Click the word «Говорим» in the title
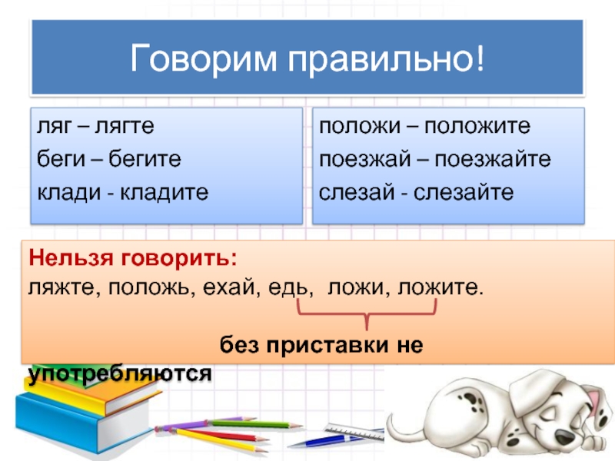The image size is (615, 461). (x=203, y=59)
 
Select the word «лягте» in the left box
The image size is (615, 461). (x=125, y=126)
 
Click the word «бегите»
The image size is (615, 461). (x=145, y=159)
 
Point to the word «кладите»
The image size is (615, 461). (x=164, y=192)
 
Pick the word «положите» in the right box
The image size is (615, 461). (x=477, y=126)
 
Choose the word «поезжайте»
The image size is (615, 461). (x=493, y=159)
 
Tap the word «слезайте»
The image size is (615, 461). (x=464, y=192)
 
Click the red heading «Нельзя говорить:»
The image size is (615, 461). (x=133, y=258)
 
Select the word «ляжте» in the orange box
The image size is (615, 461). (x=61, y=287)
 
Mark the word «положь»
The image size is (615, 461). (x=151, y=287)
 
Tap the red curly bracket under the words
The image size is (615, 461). (x=367, y=314)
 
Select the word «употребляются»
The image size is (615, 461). (x=120, y=373)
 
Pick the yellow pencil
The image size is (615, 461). (x=218, y=440)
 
